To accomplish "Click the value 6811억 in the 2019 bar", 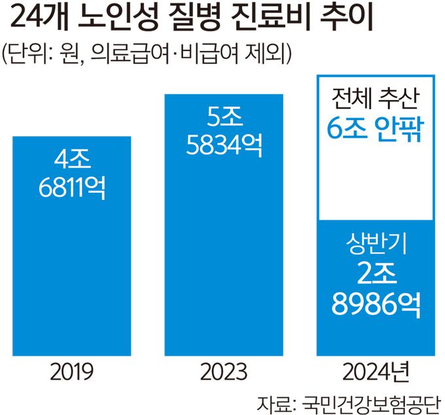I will pyautogui.click(x=72, y=188).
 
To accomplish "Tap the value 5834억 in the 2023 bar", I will pyautogui.click(x=224, y=146).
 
